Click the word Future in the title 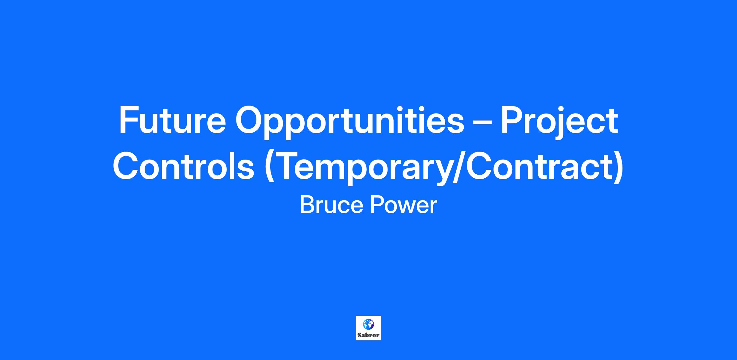(172, 120)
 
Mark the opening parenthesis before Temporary (269, 168)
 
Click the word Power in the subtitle (403, 205)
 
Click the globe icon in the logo (368, 324)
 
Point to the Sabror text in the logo (368, 335)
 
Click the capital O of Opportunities (249, 120)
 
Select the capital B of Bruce (306, 205)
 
